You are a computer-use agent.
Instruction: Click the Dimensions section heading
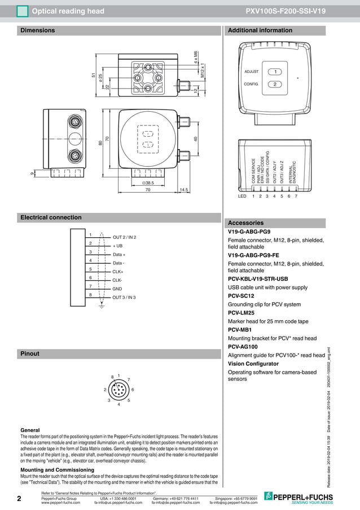38,30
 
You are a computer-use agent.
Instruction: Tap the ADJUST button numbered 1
275,72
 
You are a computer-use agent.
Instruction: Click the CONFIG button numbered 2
275,84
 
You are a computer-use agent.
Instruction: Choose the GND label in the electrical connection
117,289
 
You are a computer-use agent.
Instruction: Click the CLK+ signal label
118,272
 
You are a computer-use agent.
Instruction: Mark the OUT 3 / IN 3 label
125,297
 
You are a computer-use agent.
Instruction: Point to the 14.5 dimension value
183,190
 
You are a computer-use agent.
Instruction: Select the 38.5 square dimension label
148,183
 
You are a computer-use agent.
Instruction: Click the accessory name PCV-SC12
241,296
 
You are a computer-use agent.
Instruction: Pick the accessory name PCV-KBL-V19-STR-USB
258,279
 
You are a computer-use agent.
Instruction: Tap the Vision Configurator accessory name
253,364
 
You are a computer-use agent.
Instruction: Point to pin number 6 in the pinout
132,390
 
